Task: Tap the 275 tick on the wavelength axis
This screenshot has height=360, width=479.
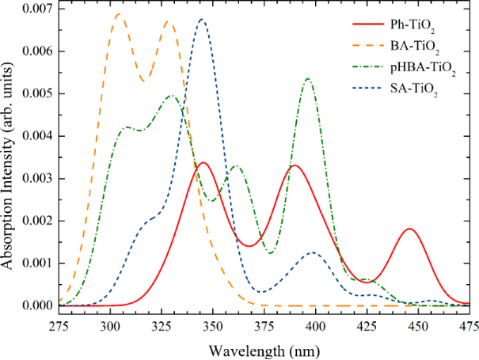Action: click(59, 325)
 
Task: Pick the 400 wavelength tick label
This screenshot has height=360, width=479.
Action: click(315, 325)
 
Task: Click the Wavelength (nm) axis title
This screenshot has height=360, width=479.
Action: click(262, 347)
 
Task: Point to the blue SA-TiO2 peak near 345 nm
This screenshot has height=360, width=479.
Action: click(202, 19)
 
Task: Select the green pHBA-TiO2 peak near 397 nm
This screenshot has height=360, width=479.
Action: click(308, 78)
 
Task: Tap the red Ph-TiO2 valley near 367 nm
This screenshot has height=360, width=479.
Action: click(249, 246)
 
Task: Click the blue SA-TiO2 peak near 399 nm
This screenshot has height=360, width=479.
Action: click(314, 252)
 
